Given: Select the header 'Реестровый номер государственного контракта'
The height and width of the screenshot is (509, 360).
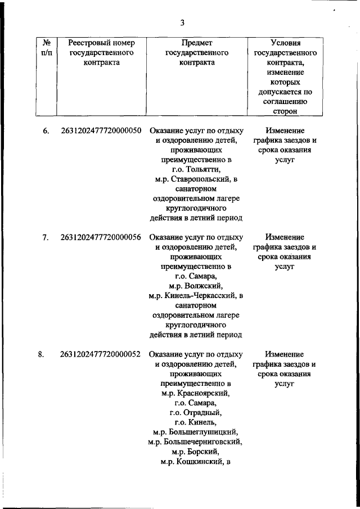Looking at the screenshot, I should [x=101, y=53].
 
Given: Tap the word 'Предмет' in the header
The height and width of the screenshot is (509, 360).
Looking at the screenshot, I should [x=197, y=43].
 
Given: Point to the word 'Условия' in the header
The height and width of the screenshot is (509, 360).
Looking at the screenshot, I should [x=285, y=43].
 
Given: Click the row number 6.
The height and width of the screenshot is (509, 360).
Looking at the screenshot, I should [x=46, y=131].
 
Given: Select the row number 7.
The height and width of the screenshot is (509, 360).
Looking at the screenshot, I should [x=46, y=237].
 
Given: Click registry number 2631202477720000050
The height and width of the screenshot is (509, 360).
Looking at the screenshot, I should [x=101, y=131].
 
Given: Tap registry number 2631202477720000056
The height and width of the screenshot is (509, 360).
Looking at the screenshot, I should [x=101, y=237].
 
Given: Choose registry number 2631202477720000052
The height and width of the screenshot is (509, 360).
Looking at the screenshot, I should [x=101, y=354].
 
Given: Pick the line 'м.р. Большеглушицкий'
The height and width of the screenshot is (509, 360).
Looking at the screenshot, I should [x=196, y=433].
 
